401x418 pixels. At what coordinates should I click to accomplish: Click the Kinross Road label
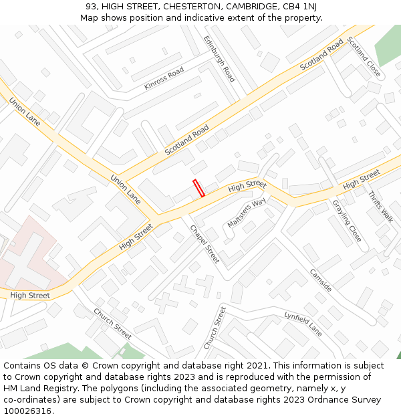[x=164, y=78]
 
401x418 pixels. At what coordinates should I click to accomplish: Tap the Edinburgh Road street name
[x=219, y=59]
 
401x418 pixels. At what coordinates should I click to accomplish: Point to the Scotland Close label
[x=364, y=57]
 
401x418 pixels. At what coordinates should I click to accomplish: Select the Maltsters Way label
[x=246, y=213]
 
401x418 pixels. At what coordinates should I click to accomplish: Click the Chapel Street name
[x=205, y=243]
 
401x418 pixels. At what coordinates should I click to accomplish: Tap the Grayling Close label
[x=347, y=221]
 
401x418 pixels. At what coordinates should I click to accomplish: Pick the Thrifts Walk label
[x=380, y=207]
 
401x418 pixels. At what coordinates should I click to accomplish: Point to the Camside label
[x=321, y=280]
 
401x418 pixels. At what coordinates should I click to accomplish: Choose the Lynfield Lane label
[x=303, y=323]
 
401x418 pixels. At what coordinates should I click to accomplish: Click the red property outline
[x=198, y=188]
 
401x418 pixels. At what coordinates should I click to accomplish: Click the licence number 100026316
[x=27, y=411]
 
